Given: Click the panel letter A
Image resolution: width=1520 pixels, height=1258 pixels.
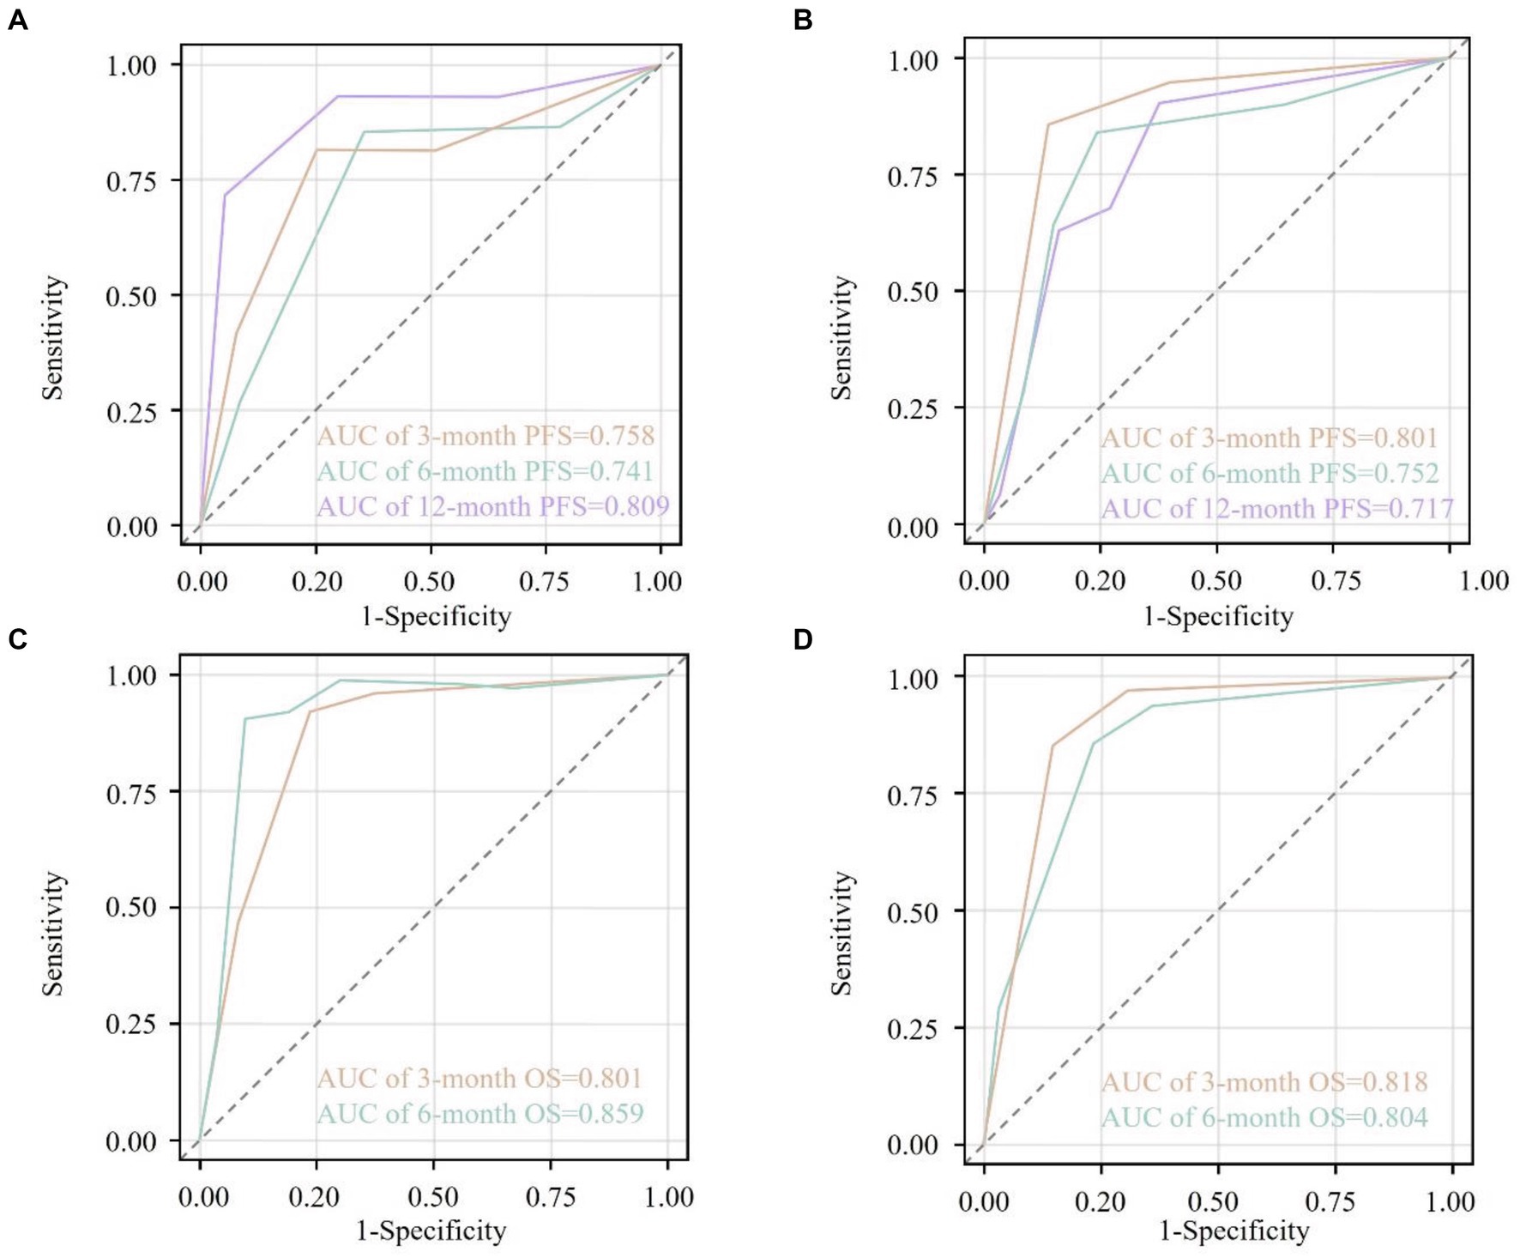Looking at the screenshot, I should (17, 20).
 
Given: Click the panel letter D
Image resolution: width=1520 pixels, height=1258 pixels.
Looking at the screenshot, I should (803, 639).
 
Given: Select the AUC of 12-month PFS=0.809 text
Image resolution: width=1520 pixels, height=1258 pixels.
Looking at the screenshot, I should (492, 506).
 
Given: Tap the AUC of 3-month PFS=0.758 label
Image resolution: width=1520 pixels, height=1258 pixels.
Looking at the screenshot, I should (486, 436).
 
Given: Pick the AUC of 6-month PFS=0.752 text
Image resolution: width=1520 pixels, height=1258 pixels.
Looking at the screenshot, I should (1270, 473).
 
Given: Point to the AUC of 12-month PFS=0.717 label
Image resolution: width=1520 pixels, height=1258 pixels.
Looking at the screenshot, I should (1277, 509).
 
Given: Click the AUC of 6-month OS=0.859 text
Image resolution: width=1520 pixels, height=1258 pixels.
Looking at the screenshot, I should (480, 1113).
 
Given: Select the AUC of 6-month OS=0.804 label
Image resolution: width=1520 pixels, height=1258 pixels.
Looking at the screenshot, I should (1264, 1117).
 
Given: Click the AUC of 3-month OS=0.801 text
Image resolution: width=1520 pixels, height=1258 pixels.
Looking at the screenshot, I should (480, 1078).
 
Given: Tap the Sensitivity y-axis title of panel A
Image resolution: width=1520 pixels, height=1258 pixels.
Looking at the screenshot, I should (53, 337).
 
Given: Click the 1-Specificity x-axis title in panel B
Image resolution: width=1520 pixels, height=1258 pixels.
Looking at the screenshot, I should (1218, 616).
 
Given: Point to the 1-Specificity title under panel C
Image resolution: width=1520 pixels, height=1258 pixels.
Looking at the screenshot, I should (431, 1231).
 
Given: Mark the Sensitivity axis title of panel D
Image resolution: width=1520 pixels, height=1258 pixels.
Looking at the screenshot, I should (843, 933).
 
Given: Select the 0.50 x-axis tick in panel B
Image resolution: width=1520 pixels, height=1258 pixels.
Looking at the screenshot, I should (1216, 581).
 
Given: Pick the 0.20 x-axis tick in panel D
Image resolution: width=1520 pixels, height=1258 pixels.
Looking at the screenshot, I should (1100, 1201).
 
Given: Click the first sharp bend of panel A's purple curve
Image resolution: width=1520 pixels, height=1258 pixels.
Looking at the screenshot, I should (226, 195).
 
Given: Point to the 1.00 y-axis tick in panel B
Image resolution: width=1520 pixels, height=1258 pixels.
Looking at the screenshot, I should (913, 60).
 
